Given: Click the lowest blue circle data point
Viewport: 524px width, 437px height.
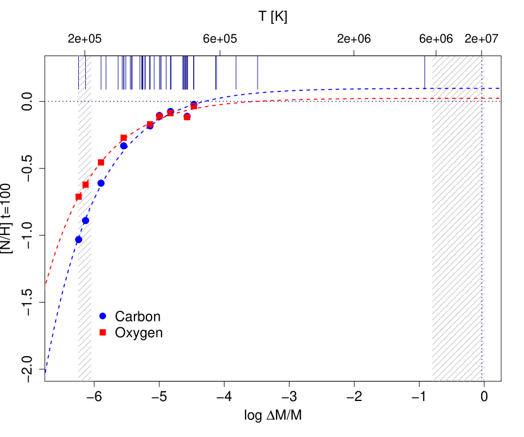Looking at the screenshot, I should pos(78,239).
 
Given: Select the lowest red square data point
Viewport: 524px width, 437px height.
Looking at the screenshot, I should pos(78,196).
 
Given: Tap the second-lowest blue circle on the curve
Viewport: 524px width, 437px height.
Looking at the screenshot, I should pos(85,220).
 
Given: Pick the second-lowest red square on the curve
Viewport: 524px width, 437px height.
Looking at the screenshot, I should pos(85,184).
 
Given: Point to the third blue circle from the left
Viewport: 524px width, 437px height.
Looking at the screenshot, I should pos(100,183).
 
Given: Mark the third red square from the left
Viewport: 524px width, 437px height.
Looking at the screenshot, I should pos(101,162).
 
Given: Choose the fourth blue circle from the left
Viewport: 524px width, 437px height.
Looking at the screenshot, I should pos(124,146).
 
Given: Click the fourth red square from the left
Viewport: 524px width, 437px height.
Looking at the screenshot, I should pos(123,138).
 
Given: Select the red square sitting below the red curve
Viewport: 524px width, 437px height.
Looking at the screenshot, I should pos(187,117).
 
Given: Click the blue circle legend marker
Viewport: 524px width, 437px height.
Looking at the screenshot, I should pos(102,316).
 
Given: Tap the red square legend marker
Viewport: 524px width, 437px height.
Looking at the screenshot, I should pos(102,332).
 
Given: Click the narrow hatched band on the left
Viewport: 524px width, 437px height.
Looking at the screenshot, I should pos(85,253).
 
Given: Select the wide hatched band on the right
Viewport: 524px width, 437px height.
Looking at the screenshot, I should pos(458,253).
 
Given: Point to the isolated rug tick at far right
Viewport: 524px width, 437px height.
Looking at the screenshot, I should pos(424,72).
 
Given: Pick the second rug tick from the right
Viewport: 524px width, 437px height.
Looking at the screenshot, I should pos(258,72).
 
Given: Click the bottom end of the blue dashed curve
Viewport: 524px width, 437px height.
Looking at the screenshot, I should pos(45,379).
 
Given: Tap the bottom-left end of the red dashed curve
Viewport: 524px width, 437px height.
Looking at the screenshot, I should pos(45,289).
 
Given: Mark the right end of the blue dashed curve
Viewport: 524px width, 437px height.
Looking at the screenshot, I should pos(500,88).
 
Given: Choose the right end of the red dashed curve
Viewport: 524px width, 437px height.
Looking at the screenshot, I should pos(500,98).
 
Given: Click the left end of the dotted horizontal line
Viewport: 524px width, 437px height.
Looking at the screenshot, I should pos(45,101).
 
